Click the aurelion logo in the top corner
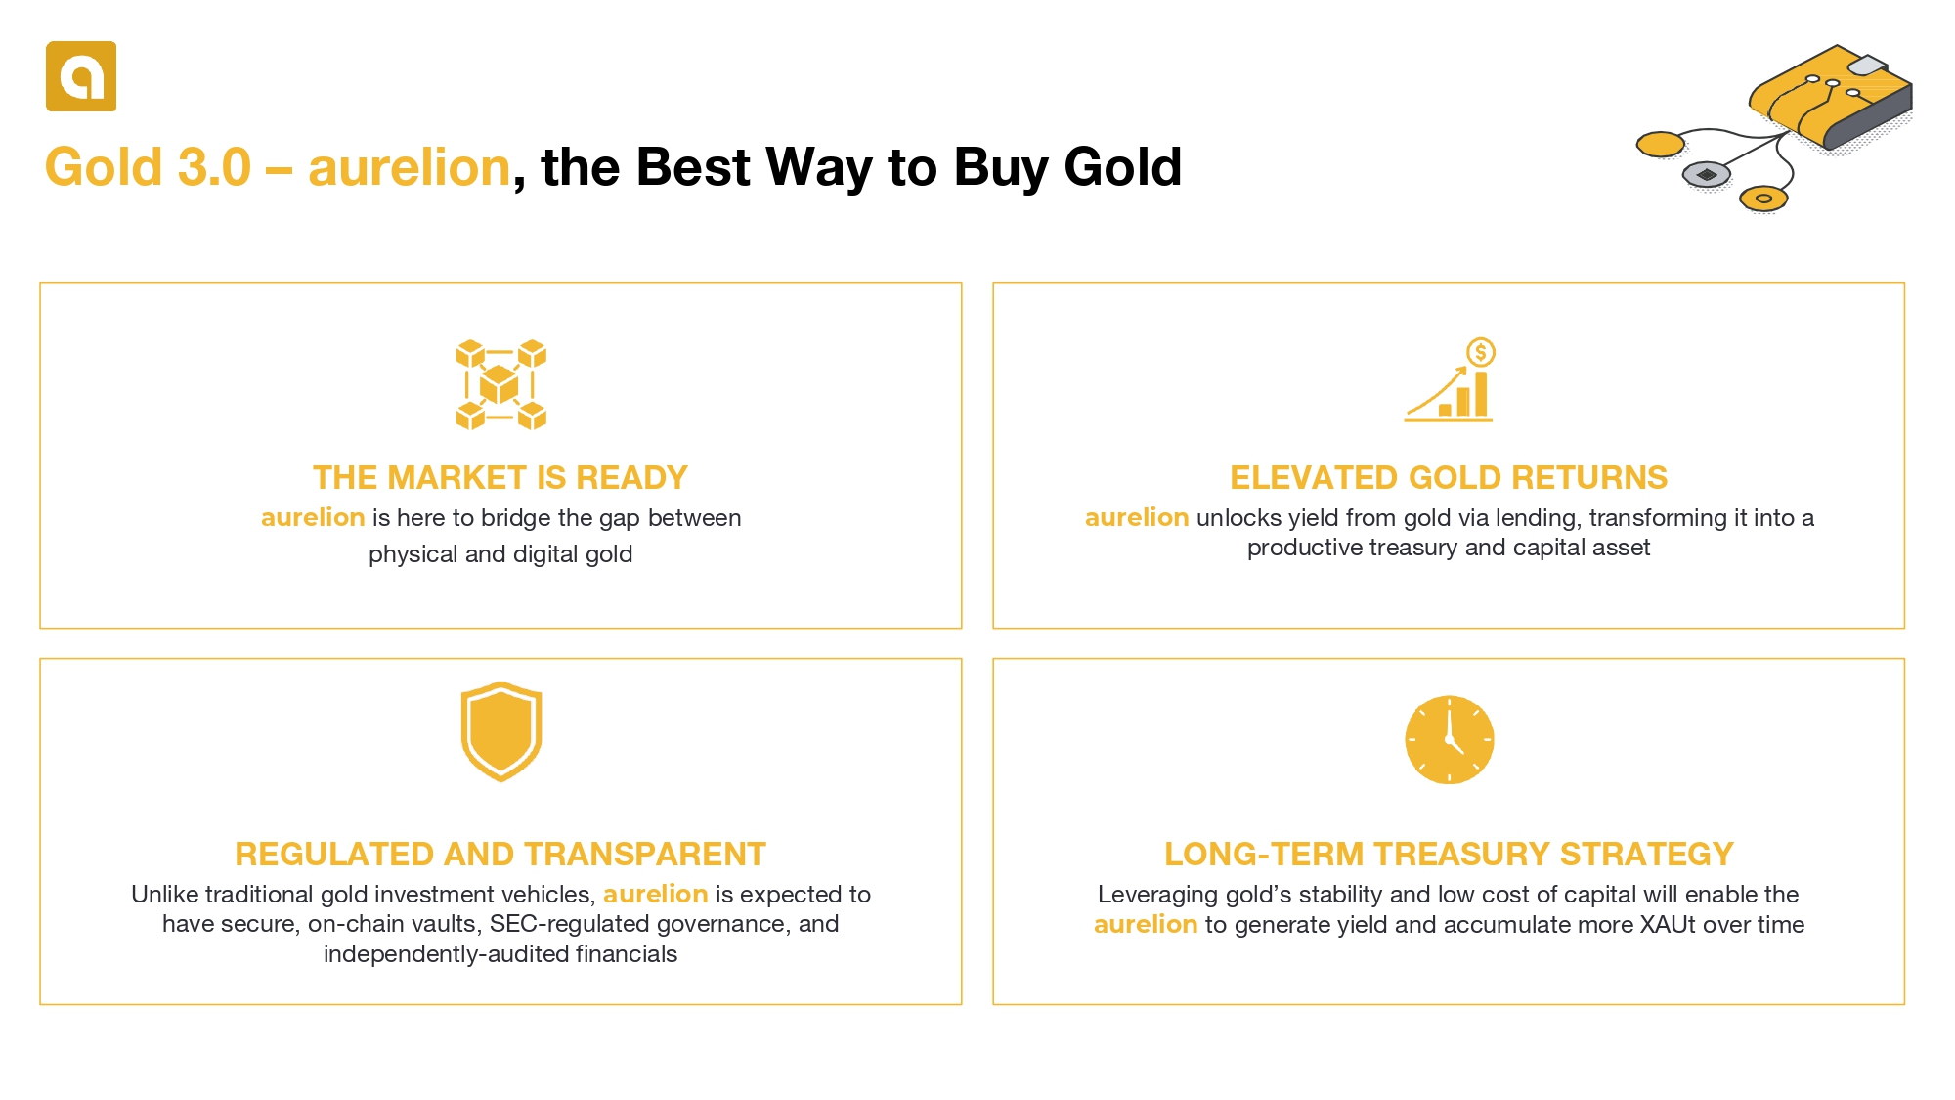[81, 76]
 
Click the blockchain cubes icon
[500, 384]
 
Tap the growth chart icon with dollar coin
[1450, 380]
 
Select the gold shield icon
[501, 731]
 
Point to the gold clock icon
[1450, 739]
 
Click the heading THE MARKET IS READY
[500, 477]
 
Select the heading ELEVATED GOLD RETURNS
[1449, 477]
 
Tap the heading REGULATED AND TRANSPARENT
[500, 854]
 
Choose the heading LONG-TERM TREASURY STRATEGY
[1449, 854]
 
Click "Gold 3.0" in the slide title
[149, 166]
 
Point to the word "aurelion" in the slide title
[410, 166]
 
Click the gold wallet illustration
[1830, 98]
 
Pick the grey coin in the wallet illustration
[1706, 174]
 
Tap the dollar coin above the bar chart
[1481, 352]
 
